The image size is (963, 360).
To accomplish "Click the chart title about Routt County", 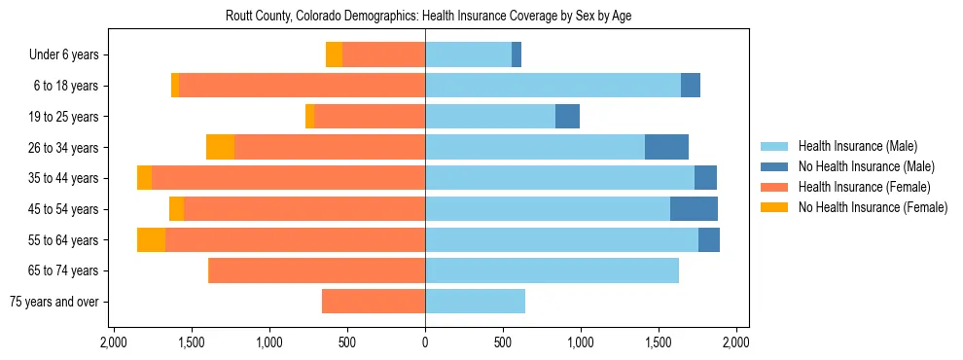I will (429, 17).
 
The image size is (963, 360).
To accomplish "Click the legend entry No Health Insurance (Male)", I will (866, 166).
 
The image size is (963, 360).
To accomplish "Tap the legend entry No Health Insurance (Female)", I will (873, 207).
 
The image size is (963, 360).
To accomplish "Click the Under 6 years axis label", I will (63, 55).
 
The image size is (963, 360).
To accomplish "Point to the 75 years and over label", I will (54, 302).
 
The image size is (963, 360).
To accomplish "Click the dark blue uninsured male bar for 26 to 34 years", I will (666, 147).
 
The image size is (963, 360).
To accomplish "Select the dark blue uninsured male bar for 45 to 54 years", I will (694, 208).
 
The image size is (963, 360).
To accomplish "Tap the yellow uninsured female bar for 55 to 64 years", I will (151, 239).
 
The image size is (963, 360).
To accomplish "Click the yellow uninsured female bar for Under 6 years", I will (334, 54).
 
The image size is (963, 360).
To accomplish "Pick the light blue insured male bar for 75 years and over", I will (475, 302).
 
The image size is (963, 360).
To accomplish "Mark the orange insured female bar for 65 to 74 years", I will (317, 270).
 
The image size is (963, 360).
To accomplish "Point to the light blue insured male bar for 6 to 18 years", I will (553, 86).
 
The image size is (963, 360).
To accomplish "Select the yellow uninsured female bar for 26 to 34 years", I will (220, 147).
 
